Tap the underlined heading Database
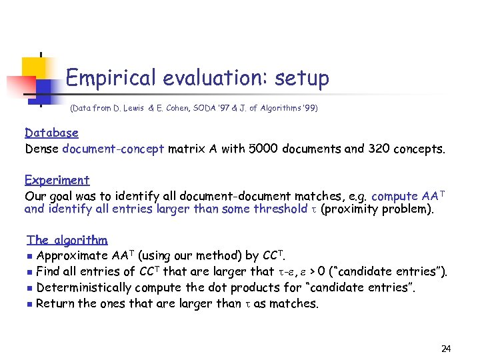point(51,133)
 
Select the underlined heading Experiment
point(57,180)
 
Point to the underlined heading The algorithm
point(67,240)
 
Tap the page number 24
point(446,349)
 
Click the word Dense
point(42,149)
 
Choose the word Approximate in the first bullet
point(72,255)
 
